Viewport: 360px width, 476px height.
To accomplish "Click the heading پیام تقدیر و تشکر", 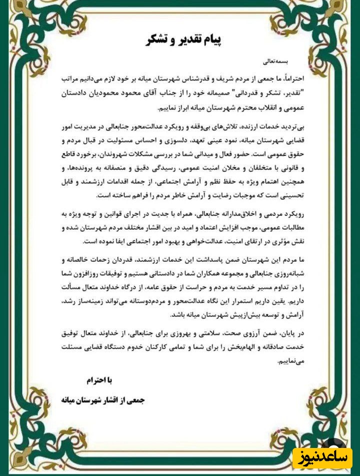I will coord(180,41).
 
